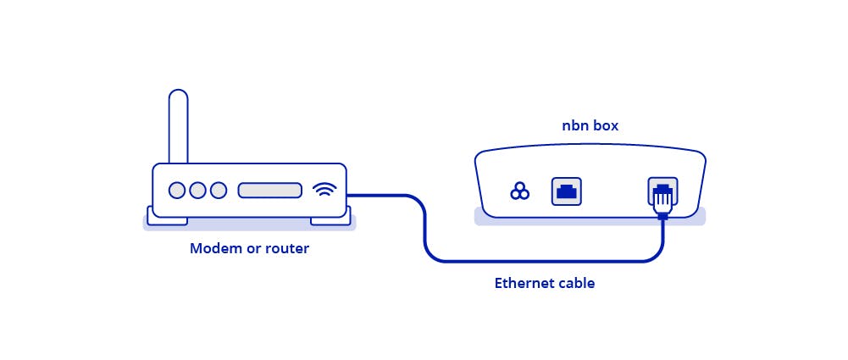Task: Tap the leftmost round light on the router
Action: click(177, 191)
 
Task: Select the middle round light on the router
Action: click(197, 191)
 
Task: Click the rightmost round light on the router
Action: click(219, 191)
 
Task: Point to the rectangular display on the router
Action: click(269, 191)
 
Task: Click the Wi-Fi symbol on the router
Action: click(324, 190)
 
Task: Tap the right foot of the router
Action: click(330, 220)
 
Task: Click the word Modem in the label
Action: click(212, 249)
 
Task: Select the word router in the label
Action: click(289, 249)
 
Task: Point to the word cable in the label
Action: click(577, 284)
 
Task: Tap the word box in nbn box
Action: click(606, 126)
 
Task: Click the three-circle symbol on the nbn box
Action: click(519, 191)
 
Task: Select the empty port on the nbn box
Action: click(566, 191)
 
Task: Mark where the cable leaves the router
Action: click(350, 196)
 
